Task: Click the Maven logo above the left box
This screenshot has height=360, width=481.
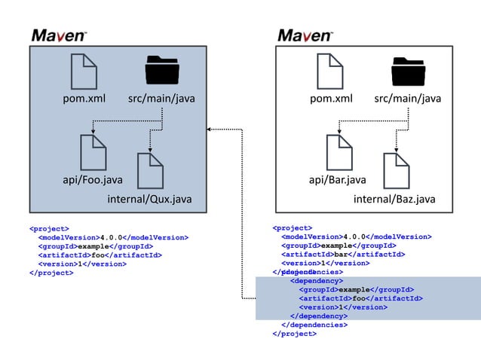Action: (x=60, y=35)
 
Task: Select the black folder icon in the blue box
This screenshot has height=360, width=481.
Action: (x=163, y=72)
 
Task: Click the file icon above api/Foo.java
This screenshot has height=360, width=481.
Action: (x=93, y=151)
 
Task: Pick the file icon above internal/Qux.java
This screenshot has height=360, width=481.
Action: (x=150, y=170)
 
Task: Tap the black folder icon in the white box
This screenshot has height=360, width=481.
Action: (x=409, y=72)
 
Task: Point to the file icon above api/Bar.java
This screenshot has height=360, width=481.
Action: (x=339, y=151)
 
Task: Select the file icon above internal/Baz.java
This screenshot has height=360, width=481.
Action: (x=396, y=170)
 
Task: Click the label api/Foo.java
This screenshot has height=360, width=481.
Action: (x=92, y=180)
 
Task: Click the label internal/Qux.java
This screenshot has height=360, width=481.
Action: (x=149, y=199)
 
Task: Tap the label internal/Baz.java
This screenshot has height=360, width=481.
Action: (x=394, y=199)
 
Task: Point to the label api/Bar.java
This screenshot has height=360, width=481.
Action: (x=338, y=180)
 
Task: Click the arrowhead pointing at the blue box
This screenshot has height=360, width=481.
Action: (x=211, y=130)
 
